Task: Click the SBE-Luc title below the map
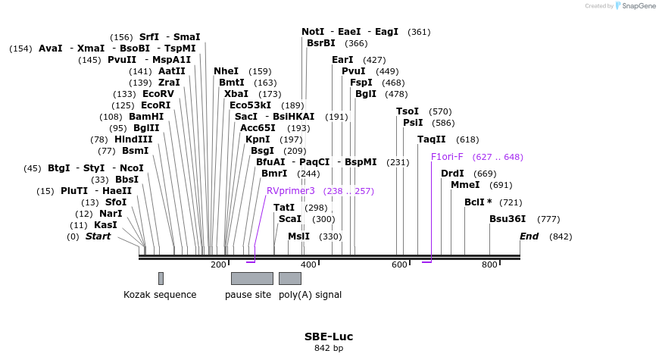coord(329,337)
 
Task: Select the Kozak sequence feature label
coord(160,295)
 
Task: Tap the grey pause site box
coord(251,278)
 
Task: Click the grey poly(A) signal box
coord(289,278)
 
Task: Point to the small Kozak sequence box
coord(161,278)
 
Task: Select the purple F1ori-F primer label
coord(447,157)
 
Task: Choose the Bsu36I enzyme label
coord(508,219)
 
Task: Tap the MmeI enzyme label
coord(465,184)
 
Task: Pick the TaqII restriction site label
coord(432,139)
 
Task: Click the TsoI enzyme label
coord(408,111)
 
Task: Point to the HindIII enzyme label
coord(133,139)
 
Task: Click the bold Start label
coord(98,236)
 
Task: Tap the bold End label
coord(529,236)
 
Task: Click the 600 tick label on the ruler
coord(399,265)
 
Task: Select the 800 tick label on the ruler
coord(489,265)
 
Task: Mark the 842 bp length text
coord(329,349)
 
